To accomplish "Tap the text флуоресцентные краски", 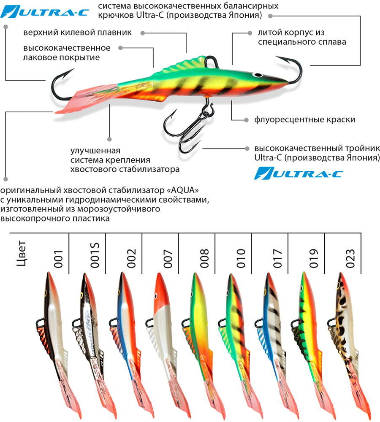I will (x=304, y=119).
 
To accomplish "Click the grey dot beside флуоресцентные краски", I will (x=247, y=120).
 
